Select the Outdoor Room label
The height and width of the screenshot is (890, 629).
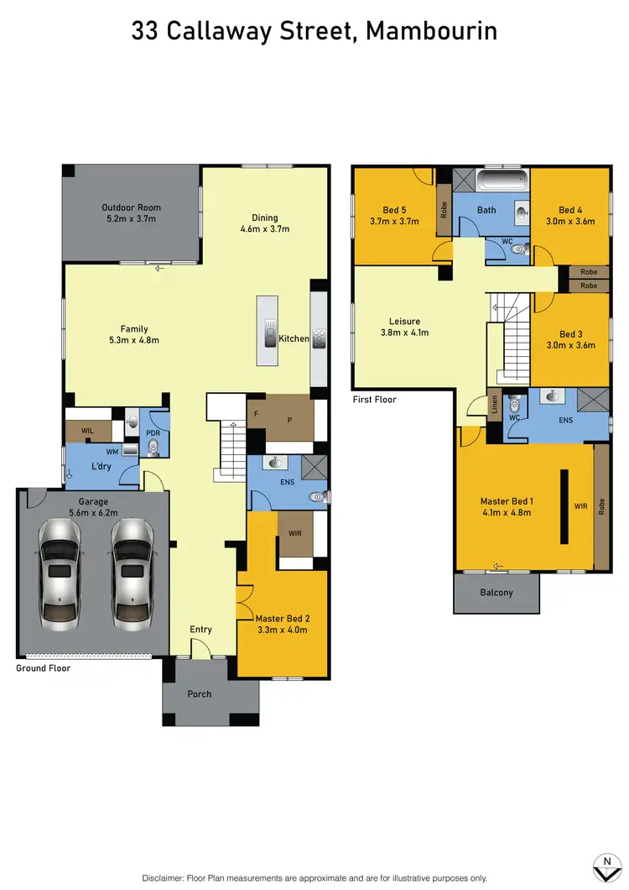[131, 207]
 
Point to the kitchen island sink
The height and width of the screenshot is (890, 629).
[269, 333]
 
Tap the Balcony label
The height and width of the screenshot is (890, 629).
[496, 593]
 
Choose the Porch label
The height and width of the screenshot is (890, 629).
[200, 694]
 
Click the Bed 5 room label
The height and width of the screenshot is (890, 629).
[394, 210]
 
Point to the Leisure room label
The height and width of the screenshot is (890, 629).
[403, 321]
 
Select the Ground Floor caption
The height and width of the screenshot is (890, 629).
[43, 668]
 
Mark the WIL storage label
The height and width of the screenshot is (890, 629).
[87, 431]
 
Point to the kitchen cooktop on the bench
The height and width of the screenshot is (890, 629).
[320, 338]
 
